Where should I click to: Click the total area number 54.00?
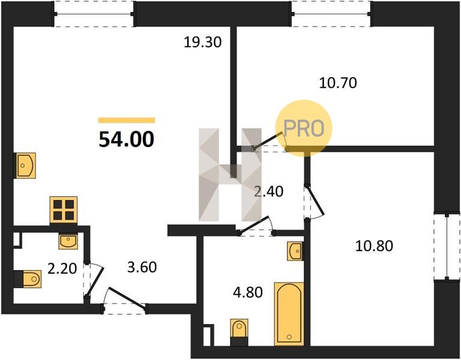[127, 139]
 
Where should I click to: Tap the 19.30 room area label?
[202, 43]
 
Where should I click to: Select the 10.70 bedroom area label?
[338, 83]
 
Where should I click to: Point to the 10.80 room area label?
[374, 245]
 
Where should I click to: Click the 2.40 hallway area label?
[269, 191]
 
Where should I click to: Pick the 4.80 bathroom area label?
[248, 292]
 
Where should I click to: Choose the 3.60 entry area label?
[142, 268]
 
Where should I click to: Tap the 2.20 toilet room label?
[62, 269]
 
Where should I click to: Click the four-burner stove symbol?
[64, 210]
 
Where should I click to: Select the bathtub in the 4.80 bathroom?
[289, 314]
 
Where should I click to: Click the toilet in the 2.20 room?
[28, 278]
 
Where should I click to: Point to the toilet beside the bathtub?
[239, 332]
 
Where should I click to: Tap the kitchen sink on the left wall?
[25, 166]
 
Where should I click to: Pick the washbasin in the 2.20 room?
[68, 242]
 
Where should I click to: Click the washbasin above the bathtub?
[295, 251]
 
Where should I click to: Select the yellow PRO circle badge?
[304, 128]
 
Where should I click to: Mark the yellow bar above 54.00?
[127, 120]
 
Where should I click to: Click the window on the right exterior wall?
[447, 246]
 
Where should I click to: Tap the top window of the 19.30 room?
[94, 14]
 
